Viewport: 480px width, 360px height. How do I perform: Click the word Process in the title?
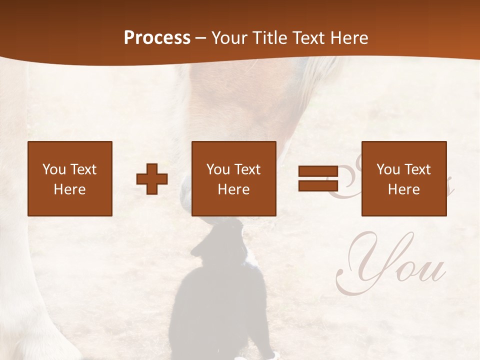[x=157, y=38]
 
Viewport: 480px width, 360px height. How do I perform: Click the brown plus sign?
[x=152, y=179]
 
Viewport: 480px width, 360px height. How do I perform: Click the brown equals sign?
[x=318, y=178]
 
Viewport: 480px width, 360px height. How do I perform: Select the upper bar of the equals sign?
[x=318, y=171]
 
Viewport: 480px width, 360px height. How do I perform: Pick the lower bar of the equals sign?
[x=318, y=185]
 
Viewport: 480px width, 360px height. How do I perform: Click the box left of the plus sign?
[x=70, y=178]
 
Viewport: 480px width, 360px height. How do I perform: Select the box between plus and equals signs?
[x=234, y=178]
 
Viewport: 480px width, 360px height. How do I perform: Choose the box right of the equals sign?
[x=404, y=178]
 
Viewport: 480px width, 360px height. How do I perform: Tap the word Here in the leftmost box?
[x=70, y=189]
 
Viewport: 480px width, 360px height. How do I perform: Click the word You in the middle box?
[x=218, y=169]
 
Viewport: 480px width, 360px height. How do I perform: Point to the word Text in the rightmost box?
[x=417, y=169]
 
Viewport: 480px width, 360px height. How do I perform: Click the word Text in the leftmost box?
[x=83, y=169]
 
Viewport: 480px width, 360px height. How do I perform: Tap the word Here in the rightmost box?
[x=404, y=189]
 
